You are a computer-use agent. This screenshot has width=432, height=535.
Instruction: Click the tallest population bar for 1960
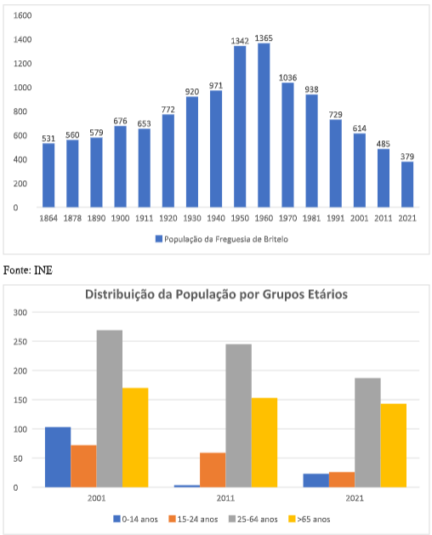point(264,125)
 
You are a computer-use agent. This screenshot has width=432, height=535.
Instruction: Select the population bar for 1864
point(48,175)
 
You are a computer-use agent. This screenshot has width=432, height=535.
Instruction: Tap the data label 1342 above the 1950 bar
point(240,41)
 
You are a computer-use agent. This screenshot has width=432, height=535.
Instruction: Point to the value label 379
point(407,157)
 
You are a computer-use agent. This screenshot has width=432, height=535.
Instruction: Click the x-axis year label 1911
point(144,218)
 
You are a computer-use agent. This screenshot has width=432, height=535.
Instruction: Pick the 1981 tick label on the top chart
point(311,218)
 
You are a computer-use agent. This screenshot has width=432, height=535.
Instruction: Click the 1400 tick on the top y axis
point(22,40)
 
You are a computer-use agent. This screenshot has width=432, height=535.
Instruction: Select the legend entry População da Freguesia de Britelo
point(222,239)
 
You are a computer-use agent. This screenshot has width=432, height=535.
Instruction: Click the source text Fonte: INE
point(28,270)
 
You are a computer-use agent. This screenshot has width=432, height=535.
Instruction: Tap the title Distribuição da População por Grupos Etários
point(216,294)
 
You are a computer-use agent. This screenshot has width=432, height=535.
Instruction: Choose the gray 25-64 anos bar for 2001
point(110,409)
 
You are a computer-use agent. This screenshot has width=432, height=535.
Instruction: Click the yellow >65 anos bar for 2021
point(394,446)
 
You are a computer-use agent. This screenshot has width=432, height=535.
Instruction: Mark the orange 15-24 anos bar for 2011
point(213,470)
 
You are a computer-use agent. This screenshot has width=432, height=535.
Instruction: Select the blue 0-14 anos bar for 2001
point(58,458)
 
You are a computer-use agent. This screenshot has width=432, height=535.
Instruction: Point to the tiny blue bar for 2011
point(187,486)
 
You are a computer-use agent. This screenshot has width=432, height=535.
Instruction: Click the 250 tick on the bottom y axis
point(20,342)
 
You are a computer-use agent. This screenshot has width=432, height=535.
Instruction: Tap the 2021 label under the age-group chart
point(355,498)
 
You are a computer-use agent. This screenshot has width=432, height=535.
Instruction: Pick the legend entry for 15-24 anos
point(194,520)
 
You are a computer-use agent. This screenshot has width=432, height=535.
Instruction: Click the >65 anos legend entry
point(310,520)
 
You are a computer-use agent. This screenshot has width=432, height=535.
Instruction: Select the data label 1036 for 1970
point(287,77)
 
